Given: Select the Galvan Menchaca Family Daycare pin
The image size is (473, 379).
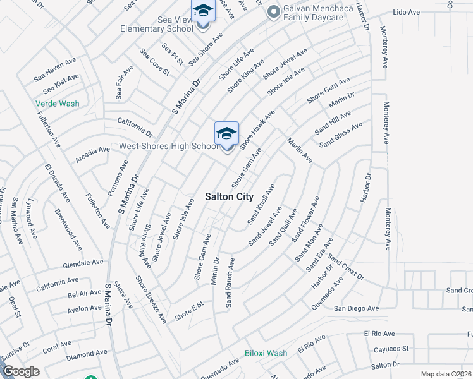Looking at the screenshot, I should (274, 11).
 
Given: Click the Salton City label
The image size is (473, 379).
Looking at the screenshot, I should (229, 196).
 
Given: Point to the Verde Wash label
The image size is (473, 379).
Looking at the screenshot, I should (57, 103).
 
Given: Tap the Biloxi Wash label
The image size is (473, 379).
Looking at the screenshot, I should (266, 353).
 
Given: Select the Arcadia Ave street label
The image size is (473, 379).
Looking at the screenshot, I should (92, 152).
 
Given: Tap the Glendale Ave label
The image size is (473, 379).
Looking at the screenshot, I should (83, 262).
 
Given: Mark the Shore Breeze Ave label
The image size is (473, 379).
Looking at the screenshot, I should (150, 299).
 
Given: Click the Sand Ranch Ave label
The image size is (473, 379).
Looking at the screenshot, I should (230, 282).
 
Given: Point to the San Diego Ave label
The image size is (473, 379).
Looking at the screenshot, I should (356, 308).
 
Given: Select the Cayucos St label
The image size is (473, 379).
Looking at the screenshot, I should (388, 348).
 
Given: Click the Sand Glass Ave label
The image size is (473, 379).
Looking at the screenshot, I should (341, 135).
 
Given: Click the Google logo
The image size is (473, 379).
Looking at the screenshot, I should (21, 371).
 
